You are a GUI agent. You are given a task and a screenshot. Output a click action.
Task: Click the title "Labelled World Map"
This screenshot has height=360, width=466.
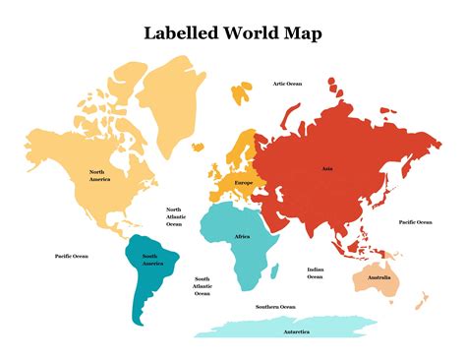pos(232,32)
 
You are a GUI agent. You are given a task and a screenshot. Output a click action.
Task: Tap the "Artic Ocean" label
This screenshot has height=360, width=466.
pos(287,84)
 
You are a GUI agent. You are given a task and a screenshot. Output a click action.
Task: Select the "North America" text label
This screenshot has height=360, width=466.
pos(99,176)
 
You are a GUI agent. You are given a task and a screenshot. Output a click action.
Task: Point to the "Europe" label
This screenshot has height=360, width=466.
pos(244,183)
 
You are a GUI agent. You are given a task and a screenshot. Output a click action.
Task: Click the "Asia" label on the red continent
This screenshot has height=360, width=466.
pos(327,168)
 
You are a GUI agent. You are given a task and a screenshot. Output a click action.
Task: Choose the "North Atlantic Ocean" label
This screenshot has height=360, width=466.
pos(174,216)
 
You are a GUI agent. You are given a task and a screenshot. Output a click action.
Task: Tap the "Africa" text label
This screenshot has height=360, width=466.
pos(242,237)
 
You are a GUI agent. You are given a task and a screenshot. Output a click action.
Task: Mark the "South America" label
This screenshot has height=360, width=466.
pos(152,262)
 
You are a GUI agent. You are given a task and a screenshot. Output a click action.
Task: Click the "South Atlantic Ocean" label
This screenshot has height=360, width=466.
pos(202,286)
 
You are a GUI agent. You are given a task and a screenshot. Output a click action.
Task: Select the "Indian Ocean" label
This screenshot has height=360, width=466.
pos(316,272)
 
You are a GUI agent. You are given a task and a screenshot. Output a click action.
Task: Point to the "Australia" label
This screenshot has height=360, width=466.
pos(379,277)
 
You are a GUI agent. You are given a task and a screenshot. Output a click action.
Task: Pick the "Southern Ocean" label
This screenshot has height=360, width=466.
pos(275,307)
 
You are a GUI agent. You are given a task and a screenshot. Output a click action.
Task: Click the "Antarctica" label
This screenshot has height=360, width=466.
pos(298,330)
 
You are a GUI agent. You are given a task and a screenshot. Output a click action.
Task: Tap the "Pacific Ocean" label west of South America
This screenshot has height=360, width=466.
pos(71,256)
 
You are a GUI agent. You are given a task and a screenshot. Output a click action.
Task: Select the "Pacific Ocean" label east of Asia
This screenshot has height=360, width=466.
pos(415,222)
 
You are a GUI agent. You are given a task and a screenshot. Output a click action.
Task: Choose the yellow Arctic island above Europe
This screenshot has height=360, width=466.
pos(242,93)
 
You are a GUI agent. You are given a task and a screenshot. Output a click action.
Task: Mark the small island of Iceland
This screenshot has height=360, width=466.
pos(198,148)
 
